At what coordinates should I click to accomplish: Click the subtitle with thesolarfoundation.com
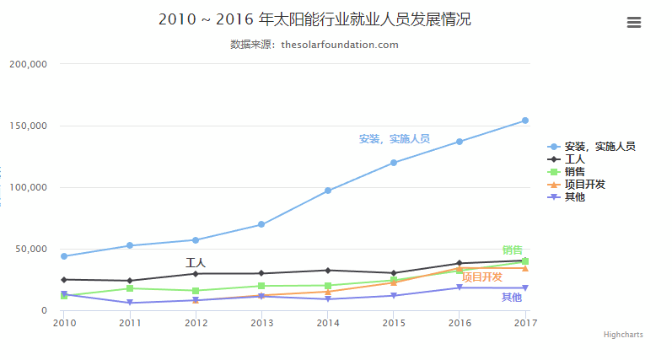coord(314,45)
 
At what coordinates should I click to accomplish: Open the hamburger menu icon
coord(634,23)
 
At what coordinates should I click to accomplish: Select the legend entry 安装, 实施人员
coord(599,146)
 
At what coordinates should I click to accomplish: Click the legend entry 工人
coord(574,159)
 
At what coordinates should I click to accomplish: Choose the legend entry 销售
coord(574,171)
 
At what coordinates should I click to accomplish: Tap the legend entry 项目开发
coord(584,184)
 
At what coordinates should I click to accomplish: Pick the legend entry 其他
coord(574,196)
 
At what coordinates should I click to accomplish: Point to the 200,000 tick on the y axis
coord(29,64)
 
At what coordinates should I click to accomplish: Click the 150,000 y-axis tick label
coord(29,126)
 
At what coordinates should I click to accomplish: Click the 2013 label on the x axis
coord(262,323)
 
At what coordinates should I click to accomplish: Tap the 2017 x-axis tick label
coord(525,323)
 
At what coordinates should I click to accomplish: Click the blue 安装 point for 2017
coord(525,121)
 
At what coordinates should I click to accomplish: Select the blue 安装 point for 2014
coord(328,191)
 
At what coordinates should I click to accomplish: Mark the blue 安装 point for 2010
coord(64,256)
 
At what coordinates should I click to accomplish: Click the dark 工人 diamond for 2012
coord(196,274)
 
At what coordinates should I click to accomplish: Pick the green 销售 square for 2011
coord(130,288)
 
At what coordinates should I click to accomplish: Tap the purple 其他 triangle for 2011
coord(130,303)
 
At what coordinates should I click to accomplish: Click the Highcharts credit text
coord(623,335)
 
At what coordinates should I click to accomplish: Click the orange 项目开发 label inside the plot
coord(481,277)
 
